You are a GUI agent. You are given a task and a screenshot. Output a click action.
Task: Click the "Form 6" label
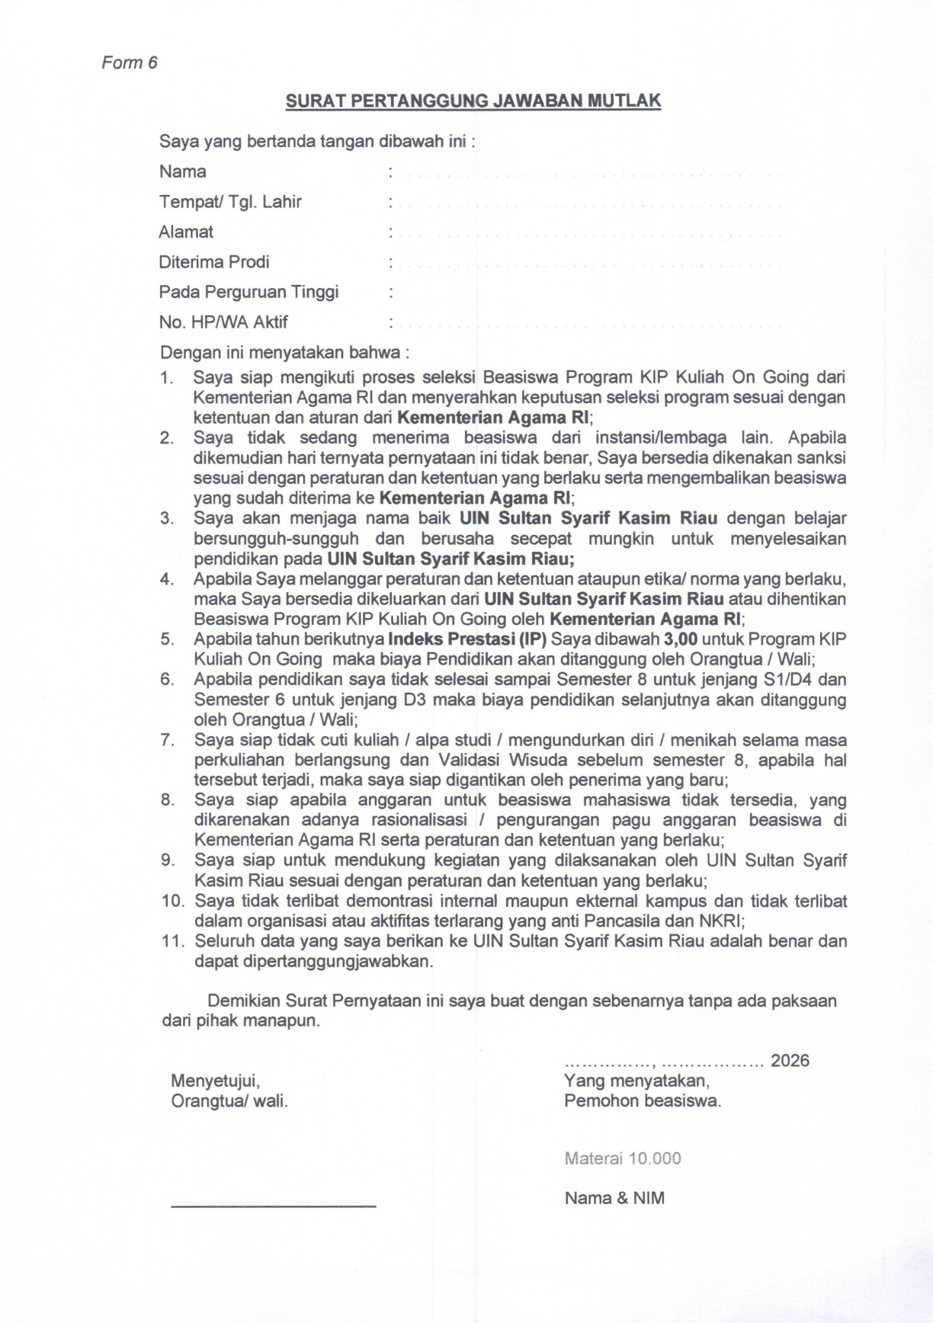point(130,62)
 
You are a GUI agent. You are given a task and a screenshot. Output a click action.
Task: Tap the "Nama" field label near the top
point(182,171)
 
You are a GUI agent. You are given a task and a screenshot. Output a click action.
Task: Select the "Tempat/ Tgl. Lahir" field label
point(229,202)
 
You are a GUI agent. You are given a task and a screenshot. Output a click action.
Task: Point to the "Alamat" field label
point(186,232)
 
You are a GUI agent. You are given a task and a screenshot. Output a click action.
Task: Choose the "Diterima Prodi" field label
point(213,262)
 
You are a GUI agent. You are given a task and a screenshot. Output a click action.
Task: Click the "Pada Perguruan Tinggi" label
point(248,292)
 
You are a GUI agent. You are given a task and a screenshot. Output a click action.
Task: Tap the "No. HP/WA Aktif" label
point(223,322)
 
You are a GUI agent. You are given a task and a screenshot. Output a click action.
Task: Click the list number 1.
point(166,377)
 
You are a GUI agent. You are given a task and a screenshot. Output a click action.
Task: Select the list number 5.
point(167,639)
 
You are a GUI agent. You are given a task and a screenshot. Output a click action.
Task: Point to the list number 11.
point(172,941)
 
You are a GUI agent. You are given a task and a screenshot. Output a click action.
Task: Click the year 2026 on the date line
point(790,1061)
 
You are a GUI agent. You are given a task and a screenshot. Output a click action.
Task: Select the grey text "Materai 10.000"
point(622,1158)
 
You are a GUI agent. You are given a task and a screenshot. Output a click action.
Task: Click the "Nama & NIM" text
point(614,1198)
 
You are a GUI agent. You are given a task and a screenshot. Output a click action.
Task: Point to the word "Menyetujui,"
point(216,1081)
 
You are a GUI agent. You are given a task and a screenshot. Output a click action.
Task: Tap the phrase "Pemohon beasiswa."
point(642,1100)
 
